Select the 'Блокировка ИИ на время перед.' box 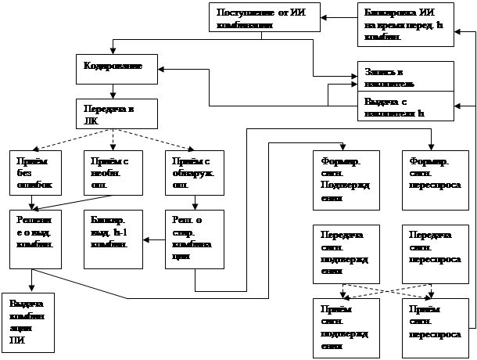(x=406, y=24)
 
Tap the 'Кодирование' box (x=118, y=68)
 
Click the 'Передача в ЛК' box (x=118, y=113)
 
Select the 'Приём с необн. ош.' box (x=113, y=171)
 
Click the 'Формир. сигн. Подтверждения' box (x=344, y=178)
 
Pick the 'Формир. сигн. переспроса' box (x=431, y=178)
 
